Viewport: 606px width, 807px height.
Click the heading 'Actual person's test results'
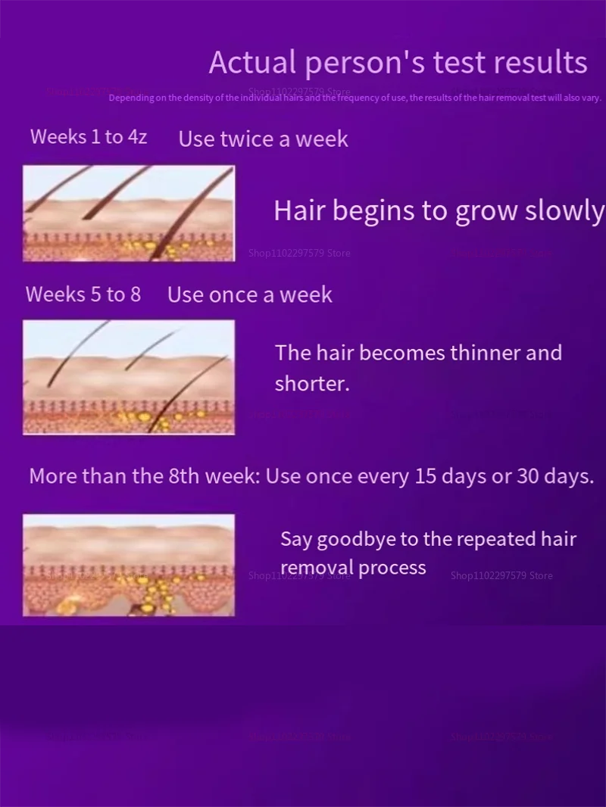tap(398, 63)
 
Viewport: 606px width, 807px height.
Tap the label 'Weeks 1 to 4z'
tap(89, 137)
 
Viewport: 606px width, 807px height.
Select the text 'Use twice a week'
tap(263, 139)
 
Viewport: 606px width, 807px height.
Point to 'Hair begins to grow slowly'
tap(439, 211)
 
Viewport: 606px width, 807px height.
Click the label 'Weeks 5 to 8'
tap(83, 294)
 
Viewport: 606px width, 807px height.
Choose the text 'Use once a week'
tap(249, 295)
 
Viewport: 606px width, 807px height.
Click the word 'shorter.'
tap(312, 384)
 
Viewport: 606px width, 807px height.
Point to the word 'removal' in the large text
tap(317, 568)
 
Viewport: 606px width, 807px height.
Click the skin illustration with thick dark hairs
tap(129, 213)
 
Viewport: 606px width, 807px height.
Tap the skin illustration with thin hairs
tap(129, 377)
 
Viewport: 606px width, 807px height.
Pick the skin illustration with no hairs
tap(129, 565)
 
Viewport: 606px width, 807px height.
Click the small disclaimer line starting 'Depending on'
tap(355, 98)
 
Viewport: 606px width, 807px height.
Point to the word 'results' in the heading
tap(541, 63)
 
